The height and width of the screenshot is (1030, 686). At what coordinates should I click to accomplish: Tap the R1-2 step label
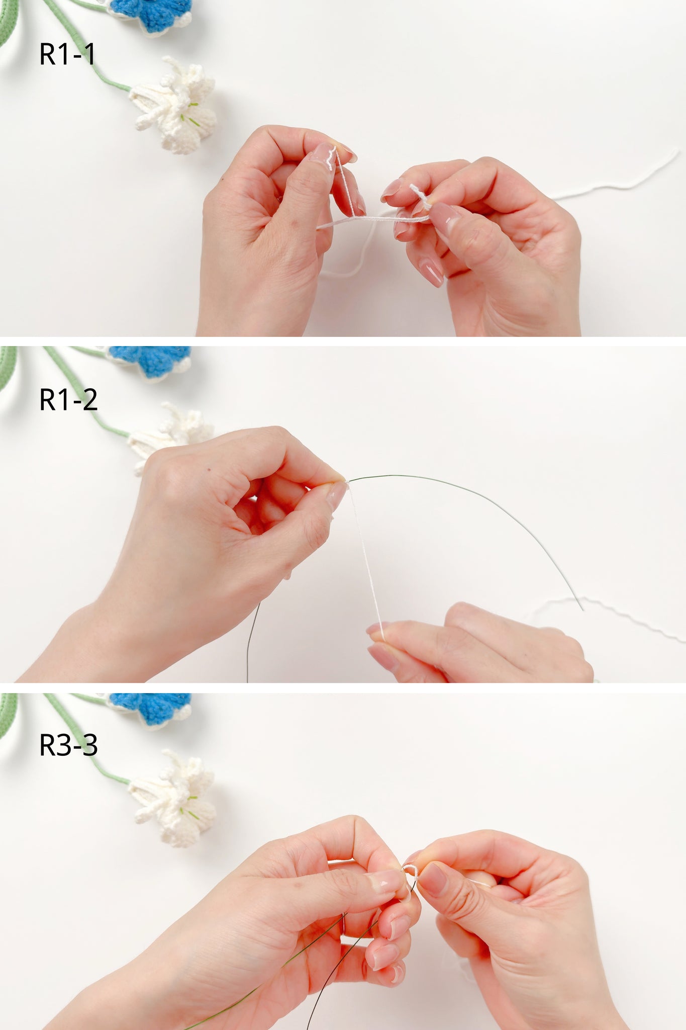68,400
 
